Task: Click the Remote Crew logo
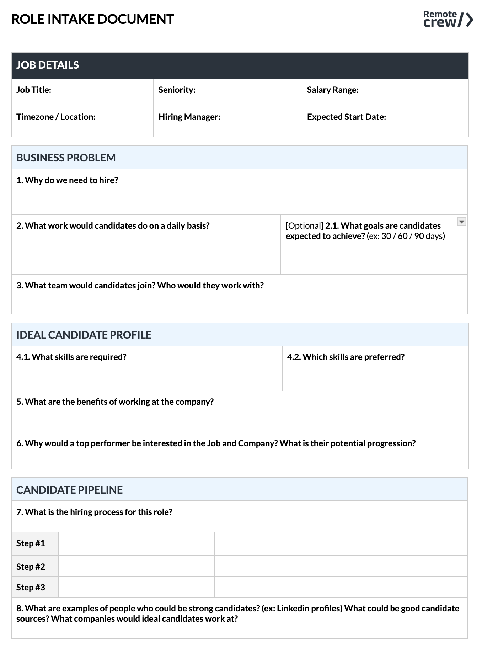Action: pos(448,19)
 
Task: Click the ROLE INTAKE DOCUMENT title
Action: pos(93,19)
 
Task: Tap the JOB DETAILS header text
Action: pos(48,65)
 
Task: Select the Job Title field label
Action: pos(34,90)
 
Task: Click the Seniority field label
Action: pos(177,90)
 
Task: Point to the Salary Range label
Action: pos(332,90)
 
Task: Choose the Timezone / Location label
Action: pos(56,117)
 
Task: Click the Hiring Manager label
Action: pos(189,117)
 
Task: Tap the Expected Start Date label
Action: pos(346,117)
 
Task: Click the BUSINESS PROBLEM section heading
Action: pos(66,158)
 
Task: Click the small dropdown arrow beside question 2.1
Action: pos(461,222)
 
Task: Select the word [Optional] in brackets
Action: pos(304,226)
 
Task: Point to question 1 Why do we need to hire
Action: pos(67,180)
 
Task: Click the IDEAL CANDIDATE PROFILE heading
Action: pos(84,335)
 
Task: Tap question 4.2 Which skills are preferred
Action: pos(346,357)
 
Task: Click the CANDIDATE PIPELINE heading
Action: pos(69,490)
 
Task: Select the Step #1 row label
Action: pos(31,543)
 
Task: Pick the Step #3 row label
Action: pos(31,587)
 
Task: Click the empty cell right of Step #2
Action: pos(136,566)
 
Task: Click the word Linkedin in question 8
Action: pos(291,609)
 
